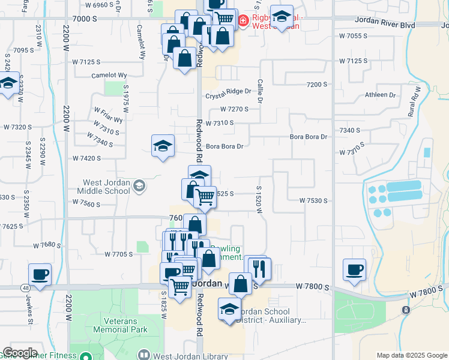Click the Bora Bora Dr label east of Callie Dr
tap(309, 137)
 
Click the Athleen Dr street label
tap(381, 95)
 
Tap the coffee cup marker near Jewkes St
tap(40, 275)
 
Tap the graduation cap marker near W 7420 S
tap(162, 146)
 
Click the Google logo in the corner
tap(20, 353)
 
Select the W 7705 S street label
tap(118, 254)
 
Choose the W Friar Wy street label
tap(108, 115)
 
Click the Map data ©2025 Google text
tap(412, 356)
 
